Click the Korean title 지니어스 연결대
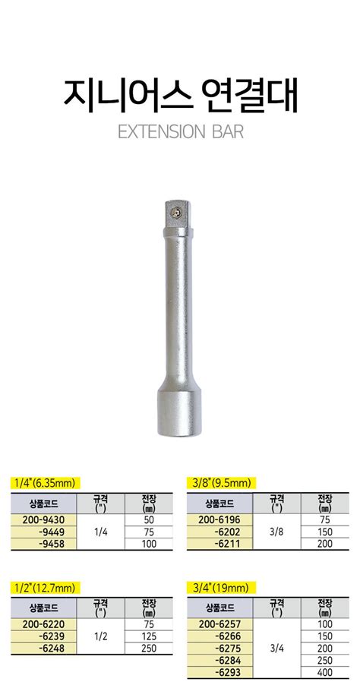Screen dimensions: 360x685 (180, 94)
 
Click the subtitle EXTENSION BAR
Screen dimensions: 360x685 (181, 131)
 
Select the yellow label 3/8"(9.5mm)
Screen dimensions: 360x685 (221, 483)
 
